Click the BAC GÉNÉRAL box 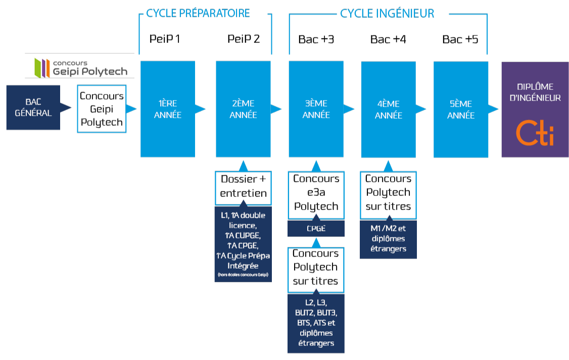33,108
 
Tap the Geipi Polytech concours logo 80,66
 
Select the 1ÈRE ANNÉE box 167,109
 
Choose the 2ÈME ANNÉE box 243,109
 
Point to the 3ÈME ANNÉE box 316,109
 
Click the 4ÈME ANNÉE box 388,109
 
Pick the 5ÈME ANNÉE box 461,109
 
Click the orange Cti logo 534,133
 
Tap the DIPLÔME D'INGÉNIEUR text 535,92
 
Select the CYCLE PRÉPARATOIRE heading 198,14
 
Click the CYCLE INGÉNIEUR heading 387,14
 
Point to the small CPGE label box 316,228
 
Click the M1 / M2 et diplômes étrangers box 388,239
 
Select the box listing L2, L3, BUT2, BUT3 316,323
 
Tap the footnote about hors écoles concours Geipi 243,275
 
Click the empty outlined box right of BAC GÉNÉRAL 102,109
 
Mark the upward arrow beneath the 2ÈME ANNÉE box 243,167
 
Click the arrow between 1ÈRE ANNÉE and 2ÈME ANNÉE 201,109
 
